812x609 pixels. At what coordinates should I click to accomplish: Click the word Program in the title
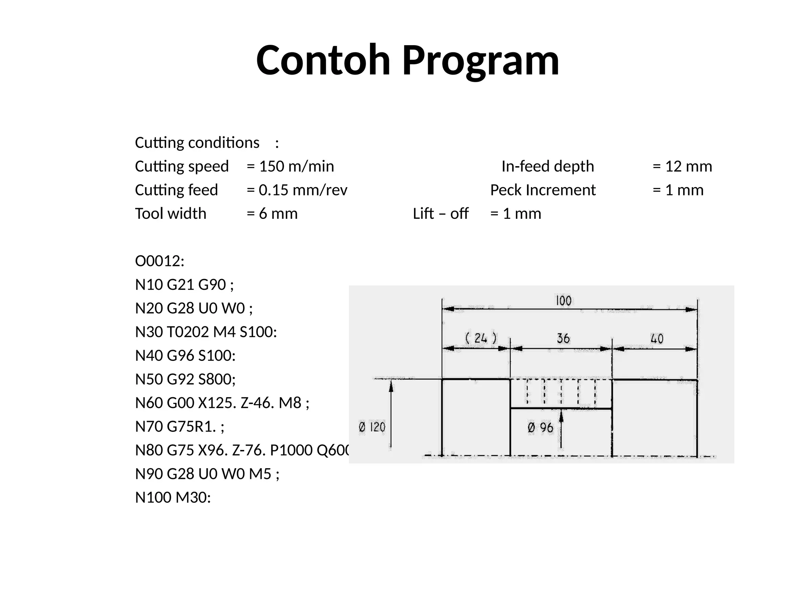(x=481, y=61)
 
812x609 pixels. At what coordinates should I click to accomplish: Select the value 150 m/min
(x=296, y=167)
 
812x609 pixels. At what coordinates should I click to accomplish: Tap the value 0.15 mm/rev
(x=303, y=190)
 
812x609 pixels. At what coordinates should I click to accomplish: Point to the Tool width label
(x=170, y=214)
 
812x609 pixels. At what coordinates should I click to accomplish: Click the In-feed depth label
(x=548, y=167)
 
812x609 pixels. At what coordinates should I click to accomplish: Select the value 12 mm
(x=688, y=167)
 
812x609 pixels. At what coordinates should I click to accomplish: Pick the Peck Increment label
(x=543, y=190)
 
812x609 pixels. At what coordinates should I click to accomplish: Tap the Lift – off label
(x=440, y=214)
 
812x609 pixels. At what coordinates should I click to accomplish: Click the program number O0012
(x=159, y=261)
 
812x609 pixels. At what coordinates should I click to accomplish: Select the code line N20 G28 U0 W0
(x=193, y=308)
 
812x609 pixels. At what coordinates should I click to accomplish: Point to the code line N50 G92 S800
(x=185, y=379)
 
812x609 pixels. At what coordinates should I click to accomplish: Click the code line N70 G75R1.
(x=180, y=427)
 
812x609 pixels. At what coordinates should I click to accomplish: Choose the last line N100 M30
(x=173, y=498)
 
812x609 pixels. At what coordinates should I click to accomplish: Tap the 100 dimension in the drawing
(x=563, y=301)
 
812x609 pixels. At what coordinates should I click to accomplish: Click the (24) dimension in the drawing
(x=481, y=338)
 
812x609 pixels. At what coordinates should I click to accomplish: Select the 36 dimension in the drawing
(x=563, y=339)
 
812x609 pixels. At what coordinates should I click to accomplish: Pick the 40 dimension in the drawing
(x=657, y=339)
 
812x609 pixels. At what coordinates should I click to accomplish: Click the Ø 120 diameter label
(x=372, y=427)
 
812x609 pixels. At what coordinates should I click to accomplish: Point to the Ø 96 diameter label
(x=540, y=428)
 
